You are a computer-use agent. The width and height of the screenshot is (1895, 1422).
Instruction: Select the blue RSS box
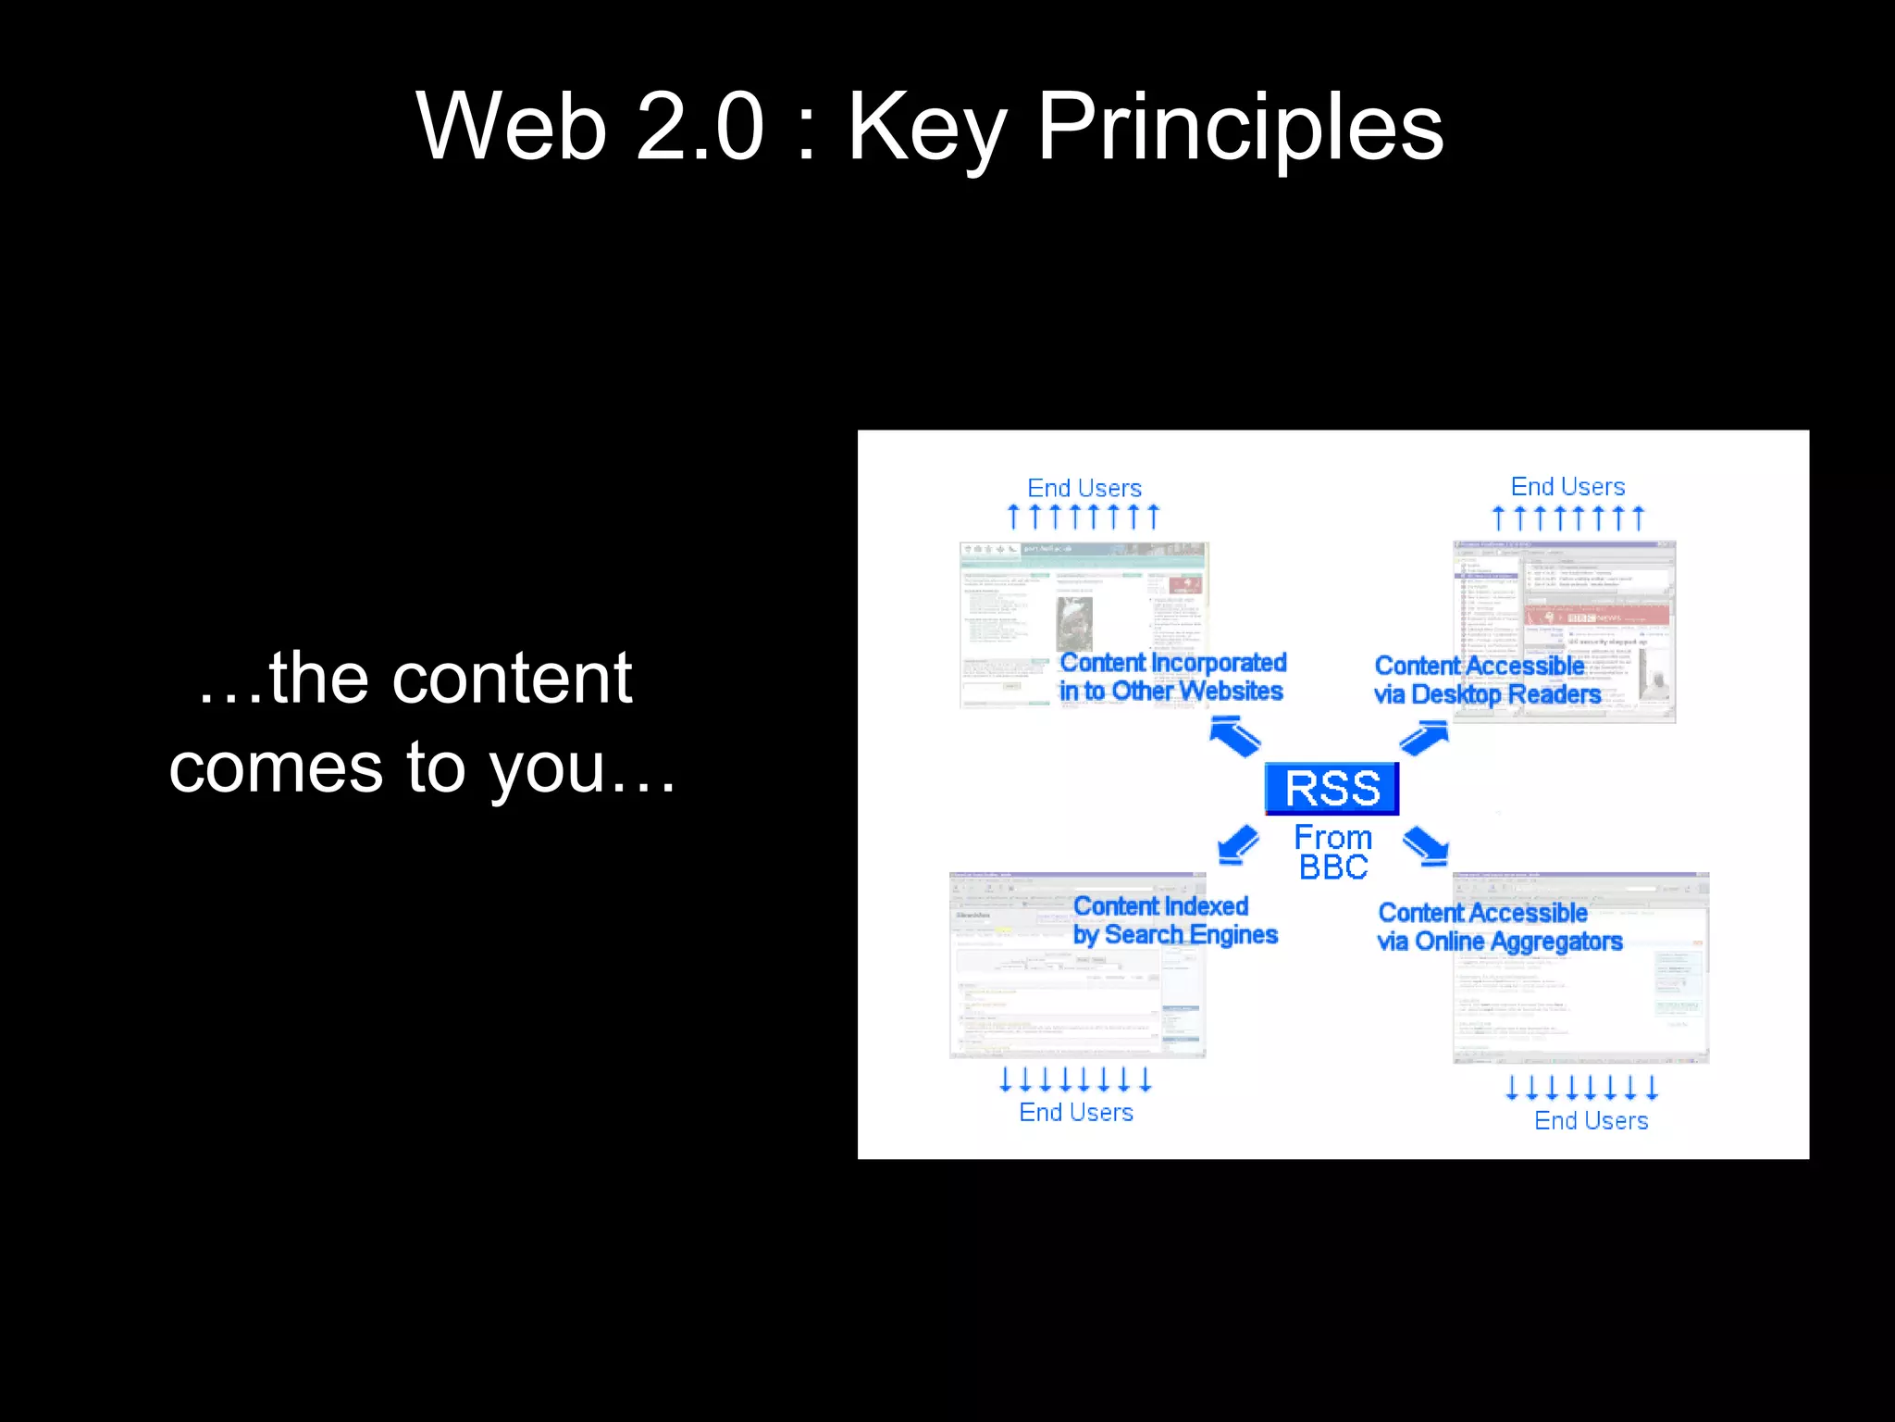pos(1331,789)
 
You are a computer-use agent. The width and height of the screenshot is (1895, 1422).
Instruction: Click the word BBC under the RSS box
pos(1332,867)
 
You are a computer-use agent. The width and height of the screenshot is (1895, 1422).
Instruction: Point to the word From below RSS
pos(1332,837)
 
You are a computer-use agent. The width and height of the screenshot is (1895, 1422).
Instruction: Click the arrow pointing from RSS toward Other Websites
pos(1235,738)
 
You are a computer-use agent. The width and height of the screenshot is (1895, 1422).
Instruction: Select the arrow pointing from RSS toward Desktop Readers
pos(1424,738)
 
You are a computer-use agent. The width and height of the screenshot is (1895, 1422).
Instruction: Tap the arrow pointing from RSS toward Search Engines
pos(1238,844)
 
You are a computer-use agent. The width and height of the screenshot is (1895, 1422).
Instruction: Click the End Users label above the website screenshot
pos(1084,488)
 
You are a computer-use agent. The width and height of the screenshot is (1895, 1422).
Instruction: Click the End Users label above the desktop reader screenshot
pos(1567,487)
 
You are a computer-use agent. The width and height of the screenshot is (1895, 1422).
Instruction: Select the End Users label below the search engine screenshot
pos(1076,1112)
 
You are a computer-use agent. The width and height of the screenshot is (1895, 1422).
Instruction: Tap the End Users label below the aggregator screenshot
pos(1591,1120)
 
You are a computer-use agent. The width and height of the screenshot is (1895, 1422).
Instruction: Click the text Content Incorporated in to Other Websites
pos(1172,677)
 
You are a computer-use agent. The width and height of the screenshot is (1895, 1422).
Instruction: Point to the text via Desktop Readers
pos(1487,694)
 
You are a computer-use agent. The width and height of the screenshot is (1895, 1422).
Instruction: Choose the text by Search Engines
pos(1175,935)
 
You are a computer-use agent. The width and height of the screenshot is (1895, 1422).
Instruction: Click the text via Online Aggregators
pos(1499,942)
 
